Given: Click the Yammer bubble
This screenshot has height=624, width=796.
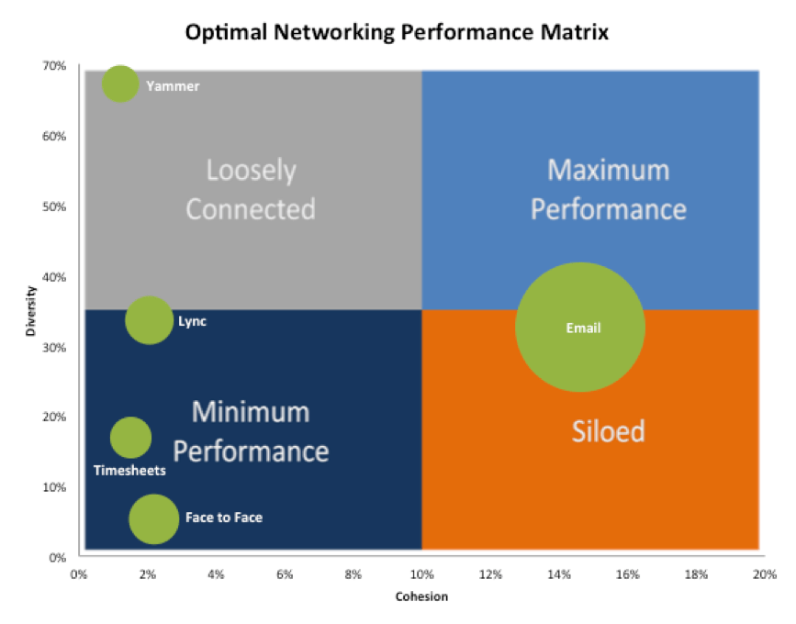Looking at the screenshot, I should [x=119, y=84].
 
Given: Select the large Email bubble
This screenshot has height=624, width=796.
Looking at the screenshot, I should [x=579, y=328].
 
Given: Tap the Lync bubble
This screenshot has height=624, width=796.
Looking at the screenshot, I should [x=149, y=320].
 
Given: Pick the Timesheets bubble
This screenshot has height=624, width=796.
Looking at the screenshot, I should [x=130, y=438].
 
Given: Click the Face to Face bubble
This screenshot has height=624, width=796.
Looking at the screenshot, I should [x=153, y=518].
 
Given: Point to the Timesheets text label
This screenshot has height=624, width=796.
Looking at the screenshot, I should [x=129, y=471].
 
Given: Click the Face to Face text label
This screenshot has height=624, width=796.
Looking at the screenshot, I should [x=223, y=518].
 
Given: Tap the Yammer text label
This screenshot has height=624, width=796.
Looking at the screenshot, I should [x=173, y=86].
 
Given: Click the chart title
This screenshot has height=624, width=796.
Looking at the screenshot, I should [x=398, y=33].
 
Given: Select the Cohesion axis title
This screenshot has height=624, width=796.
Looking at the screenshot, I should [x=421, y=596].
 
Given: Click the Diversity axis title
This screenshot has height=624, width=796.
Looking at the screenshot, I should [x=30, y=311].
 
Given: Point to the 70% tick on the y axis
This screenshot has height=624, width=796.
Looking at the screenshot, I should [x=53, y=66].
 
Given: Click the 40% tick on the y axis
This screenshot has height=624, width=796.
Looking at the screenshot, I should [x=53, y=277].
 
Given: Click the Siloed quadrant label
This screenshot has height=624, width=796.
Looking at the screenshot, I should [x=609, y=430].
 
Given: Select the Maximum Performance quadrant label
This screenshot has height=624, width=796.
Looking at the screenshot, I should [x=609, y=189].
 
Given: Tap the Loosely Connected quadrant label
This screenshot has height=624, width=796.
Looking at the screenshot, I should [x=251, y=189].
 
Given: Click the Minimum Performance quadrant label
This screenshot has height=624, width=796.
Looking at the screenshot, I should [x=251, y=431].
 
